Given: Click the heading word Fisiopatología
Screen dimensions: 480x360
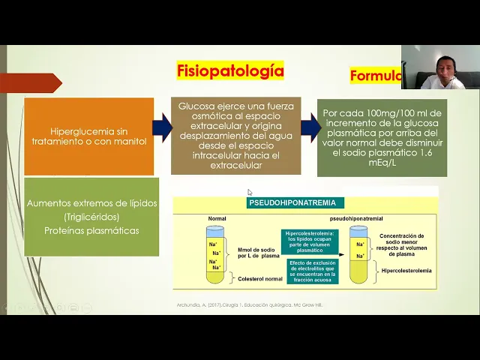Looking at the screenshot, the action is (x=230, y=71).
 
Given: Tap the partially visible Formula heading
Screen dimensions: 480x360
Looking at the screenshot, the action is (x=375, y=76).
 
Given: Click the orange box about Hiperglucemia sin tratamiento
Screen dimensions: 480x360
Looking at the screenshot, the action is (x=88, y=136).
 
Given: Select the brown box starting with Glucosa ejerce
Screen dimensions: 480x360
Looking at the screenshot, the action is (x=235, y=136).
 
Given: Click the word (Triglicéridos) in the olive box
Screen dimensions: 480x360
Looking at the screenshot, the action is (x=91, y=217).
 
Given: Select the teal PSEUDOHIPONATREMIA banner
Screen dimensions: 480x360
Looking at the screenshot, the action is (x=295, y=202).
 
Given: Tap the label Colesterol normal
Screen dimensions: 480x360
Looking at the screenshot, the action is (x=262, y=278).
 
